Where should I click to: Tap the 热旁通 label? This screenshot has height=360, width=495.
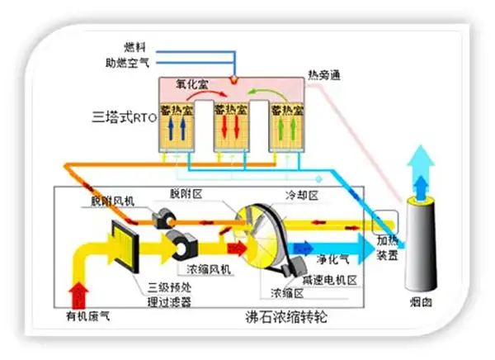(x=322, y=76)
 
